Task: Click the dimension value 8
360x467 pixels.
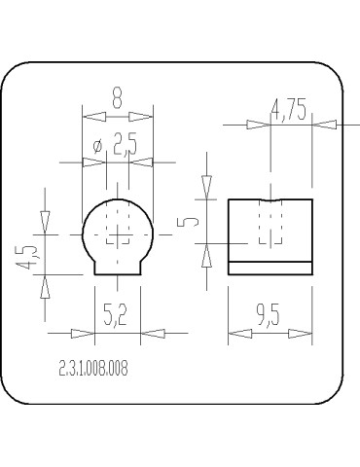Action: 117,98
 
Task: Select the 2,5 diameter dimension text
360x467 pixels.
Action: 125,144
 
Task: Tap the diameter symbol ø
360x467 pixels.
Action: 97,146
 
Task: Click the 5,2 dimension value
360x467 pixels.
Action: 115,315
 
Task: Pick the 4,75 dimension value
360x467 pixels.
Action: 289,110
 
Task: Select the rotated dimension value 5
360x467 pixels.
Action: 188,222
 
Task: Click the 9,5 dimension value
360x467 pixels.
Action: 268,315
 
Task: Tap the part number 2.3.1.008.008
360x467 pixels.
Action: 93,368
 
